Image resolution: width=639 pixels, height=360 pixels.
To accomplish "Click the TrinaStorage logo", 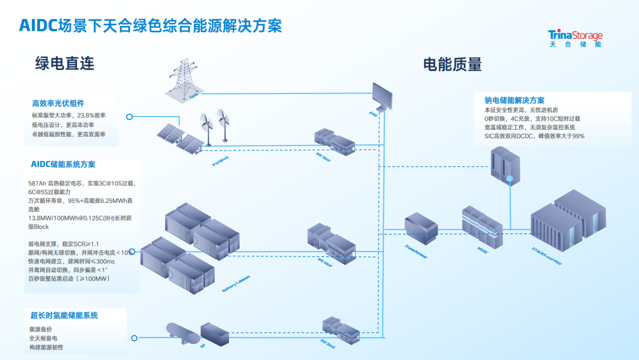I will point(575,38).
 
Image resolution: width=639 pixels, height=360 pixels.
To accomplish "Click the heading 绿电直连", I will point(65,63).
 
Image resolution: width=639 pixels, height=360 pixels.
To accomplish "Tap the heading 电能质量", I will point(452,64).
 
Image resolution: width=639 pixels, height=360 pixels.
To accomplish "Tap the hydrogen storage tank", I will point(182,334).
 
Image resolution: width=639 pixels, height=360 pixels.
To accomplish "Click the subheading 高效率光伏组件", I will point(58,103).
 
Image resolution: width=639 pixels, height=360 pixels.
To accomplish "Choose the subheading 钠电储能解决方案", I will point(514,100).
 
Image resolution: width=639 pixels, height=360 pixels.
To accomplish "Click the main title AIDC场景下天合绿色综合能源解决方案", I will point(150,25).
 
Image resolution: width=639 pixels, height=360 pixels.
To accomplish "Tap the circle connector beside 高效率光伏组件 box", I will point(130,117).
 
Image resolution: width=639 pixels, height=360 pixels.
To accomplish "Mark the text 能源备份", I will point(41,329).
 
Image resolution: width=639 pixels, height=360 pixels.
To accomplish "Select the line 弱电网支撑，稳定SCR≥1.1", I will point(63,244).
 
